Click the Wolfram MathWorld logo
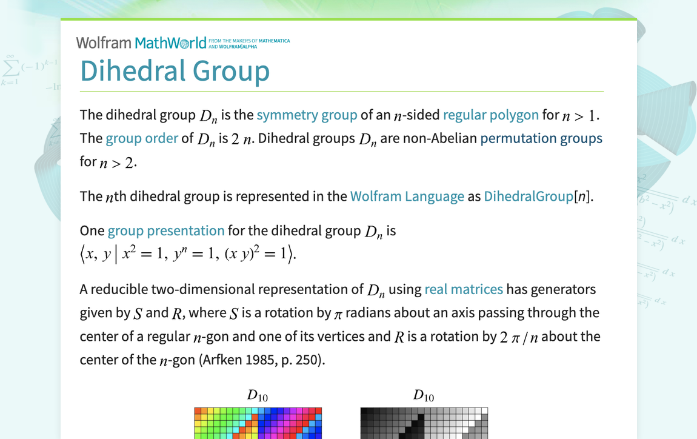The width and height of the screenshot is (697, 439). [182, 42]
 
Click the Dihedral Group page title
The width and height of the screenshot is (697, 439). [175, 71]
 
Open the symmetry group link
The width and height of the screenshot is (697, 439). [307, 115]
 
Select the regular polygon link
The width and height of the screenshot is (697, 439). [491, 115]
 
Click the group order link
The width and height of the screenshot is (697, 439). [142, 138]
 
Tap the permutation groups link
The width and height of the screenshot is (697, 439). [541, 138]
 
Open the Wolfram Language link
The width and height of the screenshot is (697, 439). [407, 196]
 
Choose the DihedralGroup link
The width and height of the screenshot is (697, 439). [529, 196]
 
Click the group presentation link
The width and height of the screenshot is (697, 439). [166, 231]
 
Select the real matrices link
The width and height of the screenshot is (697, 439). [464, 289]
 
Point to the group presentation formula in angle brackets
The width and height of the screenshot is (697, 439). [188, 254]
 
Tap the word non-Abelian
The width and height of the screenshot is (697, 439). [440, 138]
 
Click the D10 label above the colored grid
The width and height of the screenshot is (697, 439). [258, 395]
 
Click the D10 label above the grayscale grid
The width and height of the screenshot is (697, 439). [424, 395]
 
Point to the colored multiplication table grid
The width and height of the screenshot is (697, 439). [258, 423]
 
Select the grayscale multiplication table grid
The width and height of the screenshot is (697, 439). [424, 423]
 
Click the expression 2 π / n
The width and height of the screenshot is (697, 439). [519, 337]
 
